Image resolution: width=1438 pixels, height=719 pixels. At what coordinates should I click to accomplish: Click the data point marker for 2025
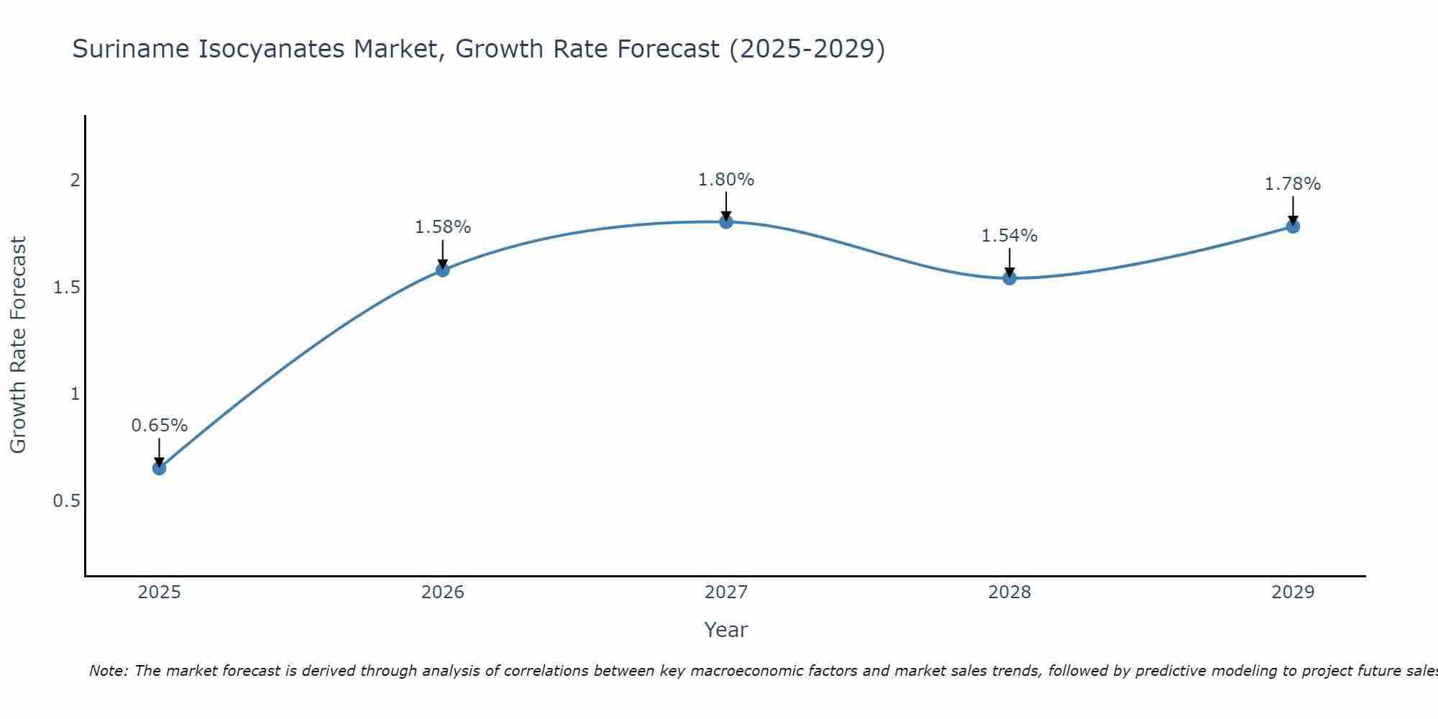pos(160,468)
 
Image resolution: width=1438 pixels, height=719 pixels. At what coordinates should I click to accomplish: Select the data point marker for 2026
pos(443,270)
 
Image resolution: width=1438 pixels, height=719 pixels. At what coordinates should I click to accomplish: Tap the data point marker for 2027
pos(726,221)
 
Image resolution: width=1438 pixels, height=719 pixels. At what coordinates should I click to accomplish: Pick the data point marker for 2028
pos(1009,278)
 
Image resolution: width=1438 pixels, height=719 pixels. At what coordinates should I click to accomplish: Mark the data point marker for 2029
pos(1293,226)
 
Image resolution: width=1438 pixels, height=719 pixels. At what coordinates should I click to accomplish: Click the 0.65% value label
pos(160,426)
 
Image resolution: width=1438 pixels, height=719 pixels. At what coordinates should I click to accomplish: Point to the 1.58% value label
pos(443,227)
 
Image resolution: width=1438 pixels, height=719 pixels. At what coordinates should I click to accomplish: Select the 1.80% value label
pos(726,180)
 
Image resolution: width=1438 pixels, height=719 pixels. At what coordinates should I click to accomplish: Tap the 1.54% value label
pos(1009,236)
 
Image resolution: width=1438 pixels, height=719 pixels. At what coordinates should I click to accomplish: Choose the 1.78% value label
pos(1293,184)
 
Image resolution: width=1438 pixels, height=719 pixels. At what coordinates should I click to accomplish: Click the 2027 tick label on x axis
pos(726,592)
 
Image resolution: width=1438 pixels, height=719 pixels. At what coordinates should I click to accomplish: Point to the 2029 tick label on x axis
pos(1293,592)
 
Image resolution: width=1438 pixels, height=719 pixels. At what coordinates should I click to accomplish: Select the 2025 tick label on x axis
pos(160,592)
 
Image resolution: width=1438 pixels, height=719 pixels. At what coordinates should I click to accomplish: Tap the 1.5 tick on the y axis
pos(66,288)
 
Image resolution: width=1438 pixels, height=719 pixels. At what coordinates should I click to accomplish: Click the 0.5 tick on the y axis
pos(66,500)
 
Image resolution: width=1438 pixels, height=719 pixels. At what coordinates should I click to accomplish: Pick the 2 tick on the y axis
pos(75,180)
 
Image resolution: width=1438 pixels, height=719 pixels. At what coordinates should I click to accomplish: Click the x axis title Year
pos(726,630)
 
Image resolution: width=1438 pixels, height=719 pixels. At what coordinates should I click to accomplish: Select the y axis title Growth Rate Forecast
pos(19,345)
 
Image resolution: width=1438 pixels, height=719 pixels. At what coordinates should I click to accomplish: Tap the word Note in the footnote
pos(108,671)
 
